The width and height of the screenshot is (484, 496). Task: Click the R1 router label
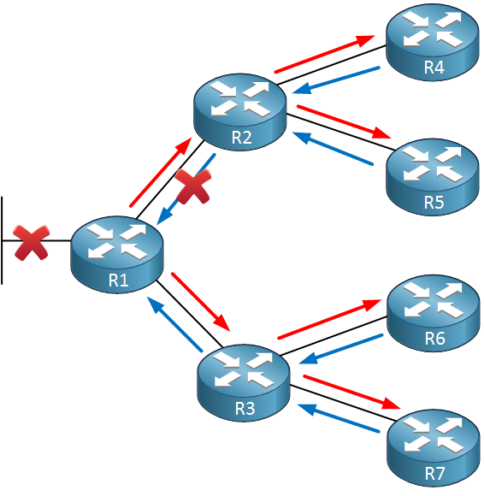point(118,280)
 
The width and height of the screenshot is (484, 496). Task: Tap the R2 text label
point(241,138)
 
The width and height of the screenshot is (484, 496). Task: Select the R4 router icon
point(433,42)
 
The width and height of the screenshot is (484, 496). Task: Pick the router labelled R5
point(433,177)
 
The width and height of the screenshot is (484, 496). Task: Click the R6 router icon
point(434,313)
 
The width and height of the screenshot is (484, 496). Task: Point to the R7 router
point(434,448)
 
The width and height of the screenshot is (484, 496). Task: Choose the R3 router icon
point(244,382)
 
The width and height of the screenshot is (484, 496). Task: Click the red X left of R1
point(32,243)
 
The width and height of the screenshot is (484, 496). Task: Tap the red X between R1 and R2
point(193,186)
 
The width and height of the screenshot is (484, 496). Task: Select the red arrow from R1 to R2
point(161,172)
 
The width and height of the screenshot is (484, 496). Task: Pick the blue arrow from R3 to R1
point(174,323)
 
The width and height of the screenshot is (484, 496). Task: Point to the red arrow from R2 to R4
point(325,54)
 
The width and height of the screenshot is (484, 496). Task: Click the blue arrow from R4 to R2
point(336,80)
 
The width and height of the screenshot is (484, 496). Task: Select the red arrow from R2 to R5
point(344,121)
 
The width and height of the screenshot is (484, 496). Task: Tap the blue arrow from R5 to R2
point(333,148)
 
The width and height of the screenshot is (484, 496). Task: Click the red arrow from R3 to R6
point(329,319)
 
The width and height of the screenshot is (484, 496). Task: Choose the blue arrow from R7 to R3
point(339,418)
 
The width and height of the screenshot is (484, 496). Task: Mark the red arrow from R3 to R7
point(351,392)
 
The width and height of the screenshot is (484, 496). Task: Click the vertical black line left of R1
point(2,240)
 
